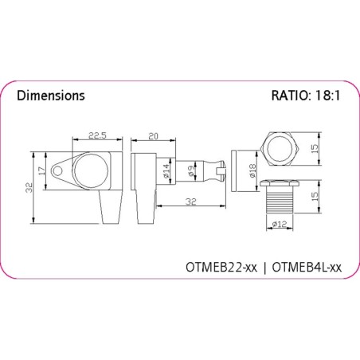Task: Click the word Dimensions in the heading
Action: (51, 96)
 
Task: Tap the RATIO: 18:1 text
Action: (306, 96)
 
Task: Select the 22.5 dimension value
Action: (97, 135)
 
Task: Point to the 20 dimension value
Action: (153, 136)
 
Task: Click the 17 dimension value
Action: (41, 171)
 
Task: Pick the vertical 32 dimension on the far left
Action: (29, 188)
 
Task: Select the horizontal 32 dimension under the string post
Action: (191, 202)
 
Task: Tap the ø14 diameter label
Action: (166, 171)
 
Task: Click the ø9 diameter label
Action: (191, 170)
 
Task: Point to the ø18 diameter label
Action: (252, 170)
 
